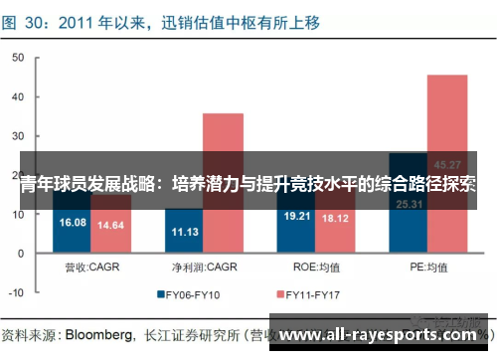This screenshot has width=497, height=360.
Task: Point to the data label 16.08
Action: (x=74, y=222)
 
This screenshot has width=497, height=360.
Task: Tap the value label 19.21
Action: (x=298, y=215)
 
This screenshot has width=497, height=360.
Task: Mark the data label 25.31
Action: (x=410, y=205)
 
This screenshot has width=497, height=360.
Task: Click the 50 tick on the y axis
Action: (x=17, y=59)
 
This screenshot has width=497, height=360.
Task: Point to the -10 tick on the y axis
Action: (x=14, y=293)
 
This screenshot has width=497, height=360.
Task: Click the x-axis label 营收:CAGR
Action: (x=92, y=268)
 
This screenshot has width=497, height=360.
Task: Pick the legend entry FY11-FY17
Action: (x=316, y=294)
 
